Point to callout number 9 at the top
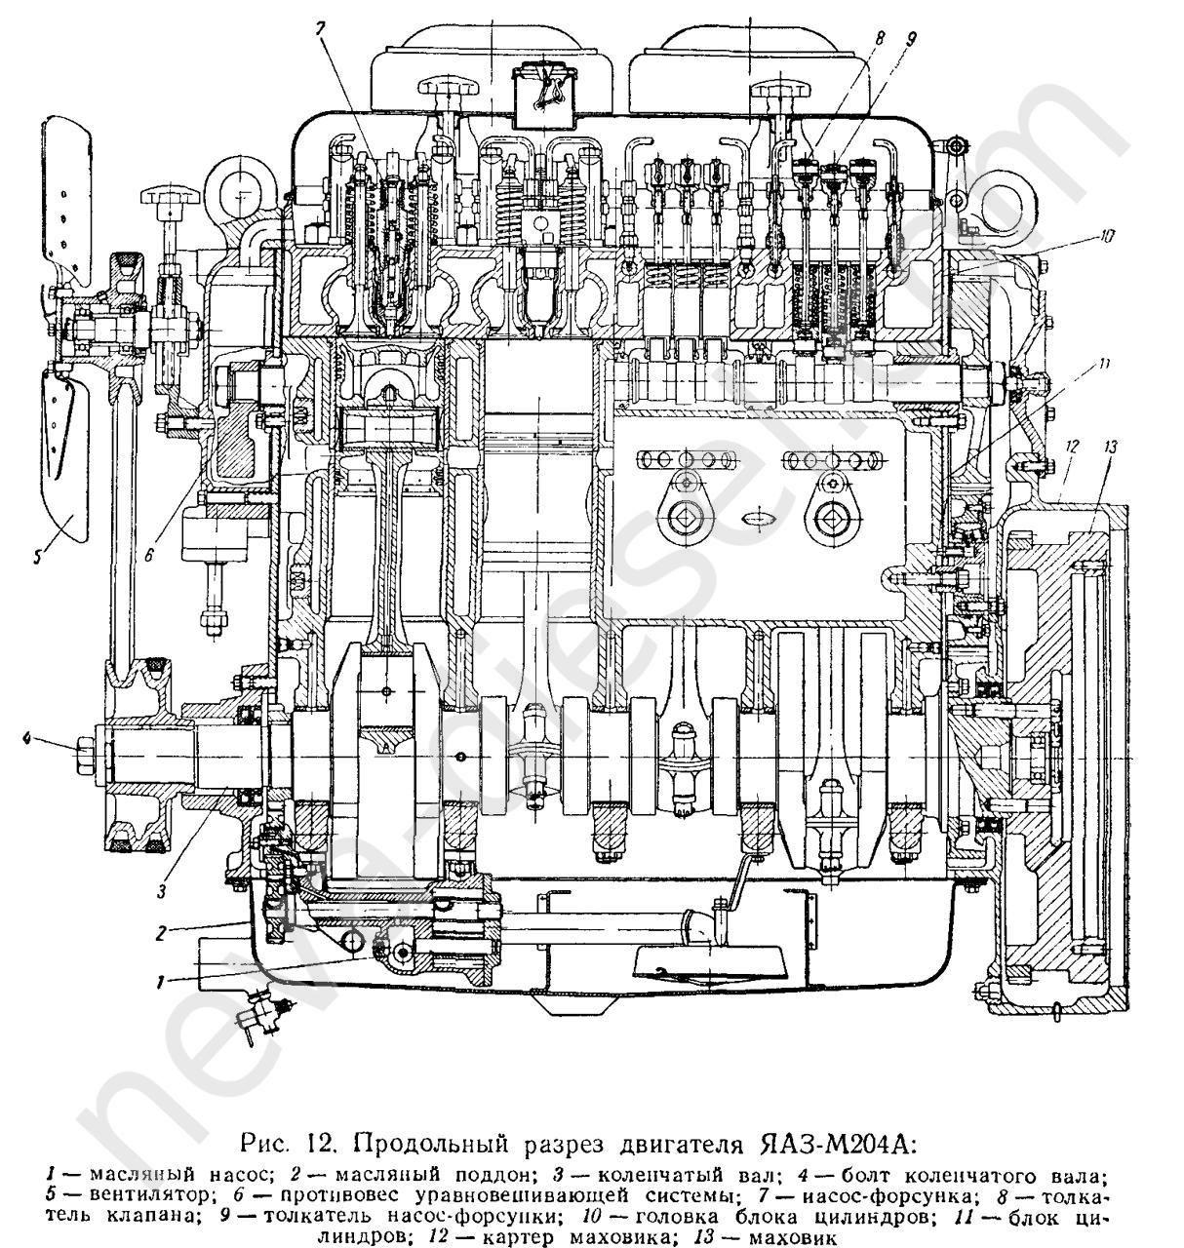910,39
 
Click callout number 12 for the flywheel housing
1071,447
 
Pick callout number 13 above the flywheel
1110,447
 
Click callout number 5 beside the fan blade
37,557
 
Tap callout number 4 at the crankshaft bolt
29,742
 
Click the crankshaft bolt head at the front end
82,749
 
